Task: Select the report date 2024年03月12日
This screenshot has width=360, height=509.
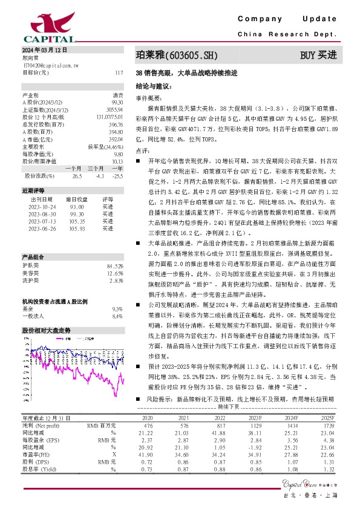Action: coord(44,50)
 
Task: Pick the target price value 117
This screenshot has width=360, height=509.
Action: coord(119,73)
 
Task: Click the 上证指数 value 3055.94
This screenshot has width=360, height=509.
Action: coord(114,109)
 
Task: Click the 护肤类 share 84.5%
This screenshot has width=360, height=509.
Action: coord(114,266)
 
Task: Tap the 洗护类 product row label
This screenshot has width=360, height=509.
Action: coord(30,280)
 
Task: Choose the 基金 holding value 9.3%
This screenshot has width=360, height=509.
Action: coord(117,309)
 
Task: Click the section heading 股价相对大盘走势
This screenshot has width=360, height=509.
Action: coord(46,331)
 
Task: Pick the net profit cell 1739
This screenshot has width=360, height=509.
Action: coord(327,443)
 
